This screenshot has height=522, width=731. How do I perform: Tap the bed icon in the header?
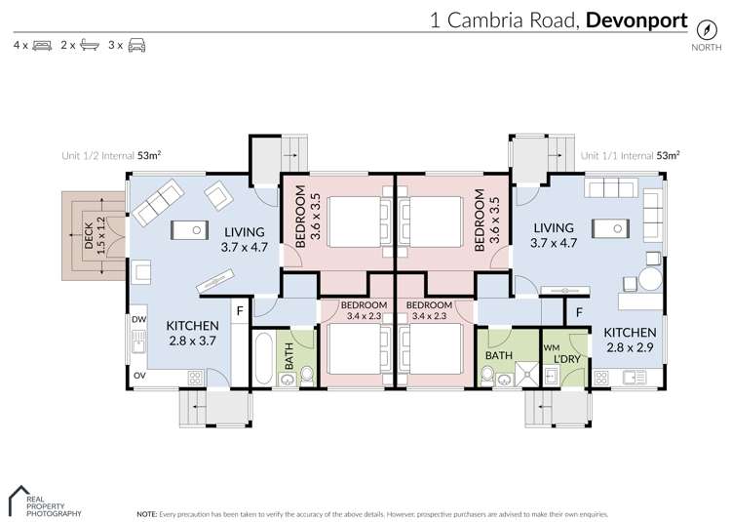pos(42,45)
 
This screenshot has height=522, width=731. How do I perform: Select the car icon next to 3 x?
pos(136,45)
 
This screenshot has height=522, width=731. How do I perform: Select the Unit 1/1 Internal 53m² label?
pos(630,154)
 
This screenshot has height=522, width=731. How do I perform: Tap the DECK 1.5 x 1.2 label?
pos(96,234)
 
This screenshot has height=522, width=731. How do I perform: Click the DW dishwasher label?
pos(137,319)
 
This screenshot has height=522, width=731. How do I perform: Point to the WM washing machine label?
pos(550,347)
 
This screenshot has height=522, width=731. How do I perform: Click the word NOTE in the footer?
pos(147,512)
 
